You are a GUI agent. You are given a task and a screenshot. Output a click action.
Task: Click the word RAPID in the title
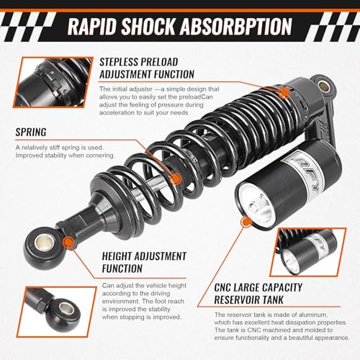point(91,27)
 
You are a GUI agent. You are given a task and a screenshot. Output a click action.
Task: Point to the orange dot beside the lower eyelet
point(68,240)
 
